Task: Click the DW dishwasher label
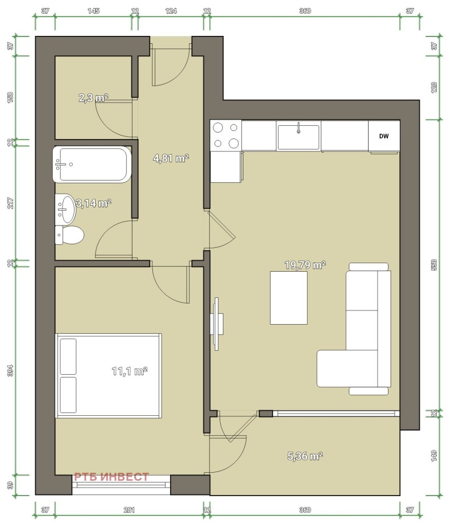click(383, 136)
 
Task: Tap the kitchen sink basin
click(298, 137)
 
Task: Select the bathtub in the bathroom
click(92, 165)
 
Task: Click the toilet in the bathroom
click(69, 235)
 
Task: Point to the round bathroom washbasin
click(66, 208)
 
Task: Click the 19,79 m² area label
click(305, 265)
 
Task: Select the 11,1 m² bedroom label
click(130, 371)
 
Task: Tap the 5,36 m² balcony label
click(305, 456)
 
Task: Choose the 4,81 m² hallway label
click(171, 158)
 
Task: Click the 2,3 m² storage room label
click(93, 98)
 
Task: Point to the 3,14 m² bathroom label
click(93, 203)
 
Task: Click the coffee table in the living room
click(289, 298)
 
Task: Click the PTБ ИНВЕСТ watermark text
click(111, 477)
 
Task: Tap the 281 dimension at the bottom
click(129, 510)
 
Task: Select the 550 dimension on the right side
click(434, 265)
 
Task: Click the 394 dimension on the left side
click(10, 370)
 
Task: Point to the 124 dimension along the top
click(171, 11)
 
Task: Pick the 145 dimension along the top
click(93, 11)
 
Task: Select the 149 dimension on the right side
click(434, 456)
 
